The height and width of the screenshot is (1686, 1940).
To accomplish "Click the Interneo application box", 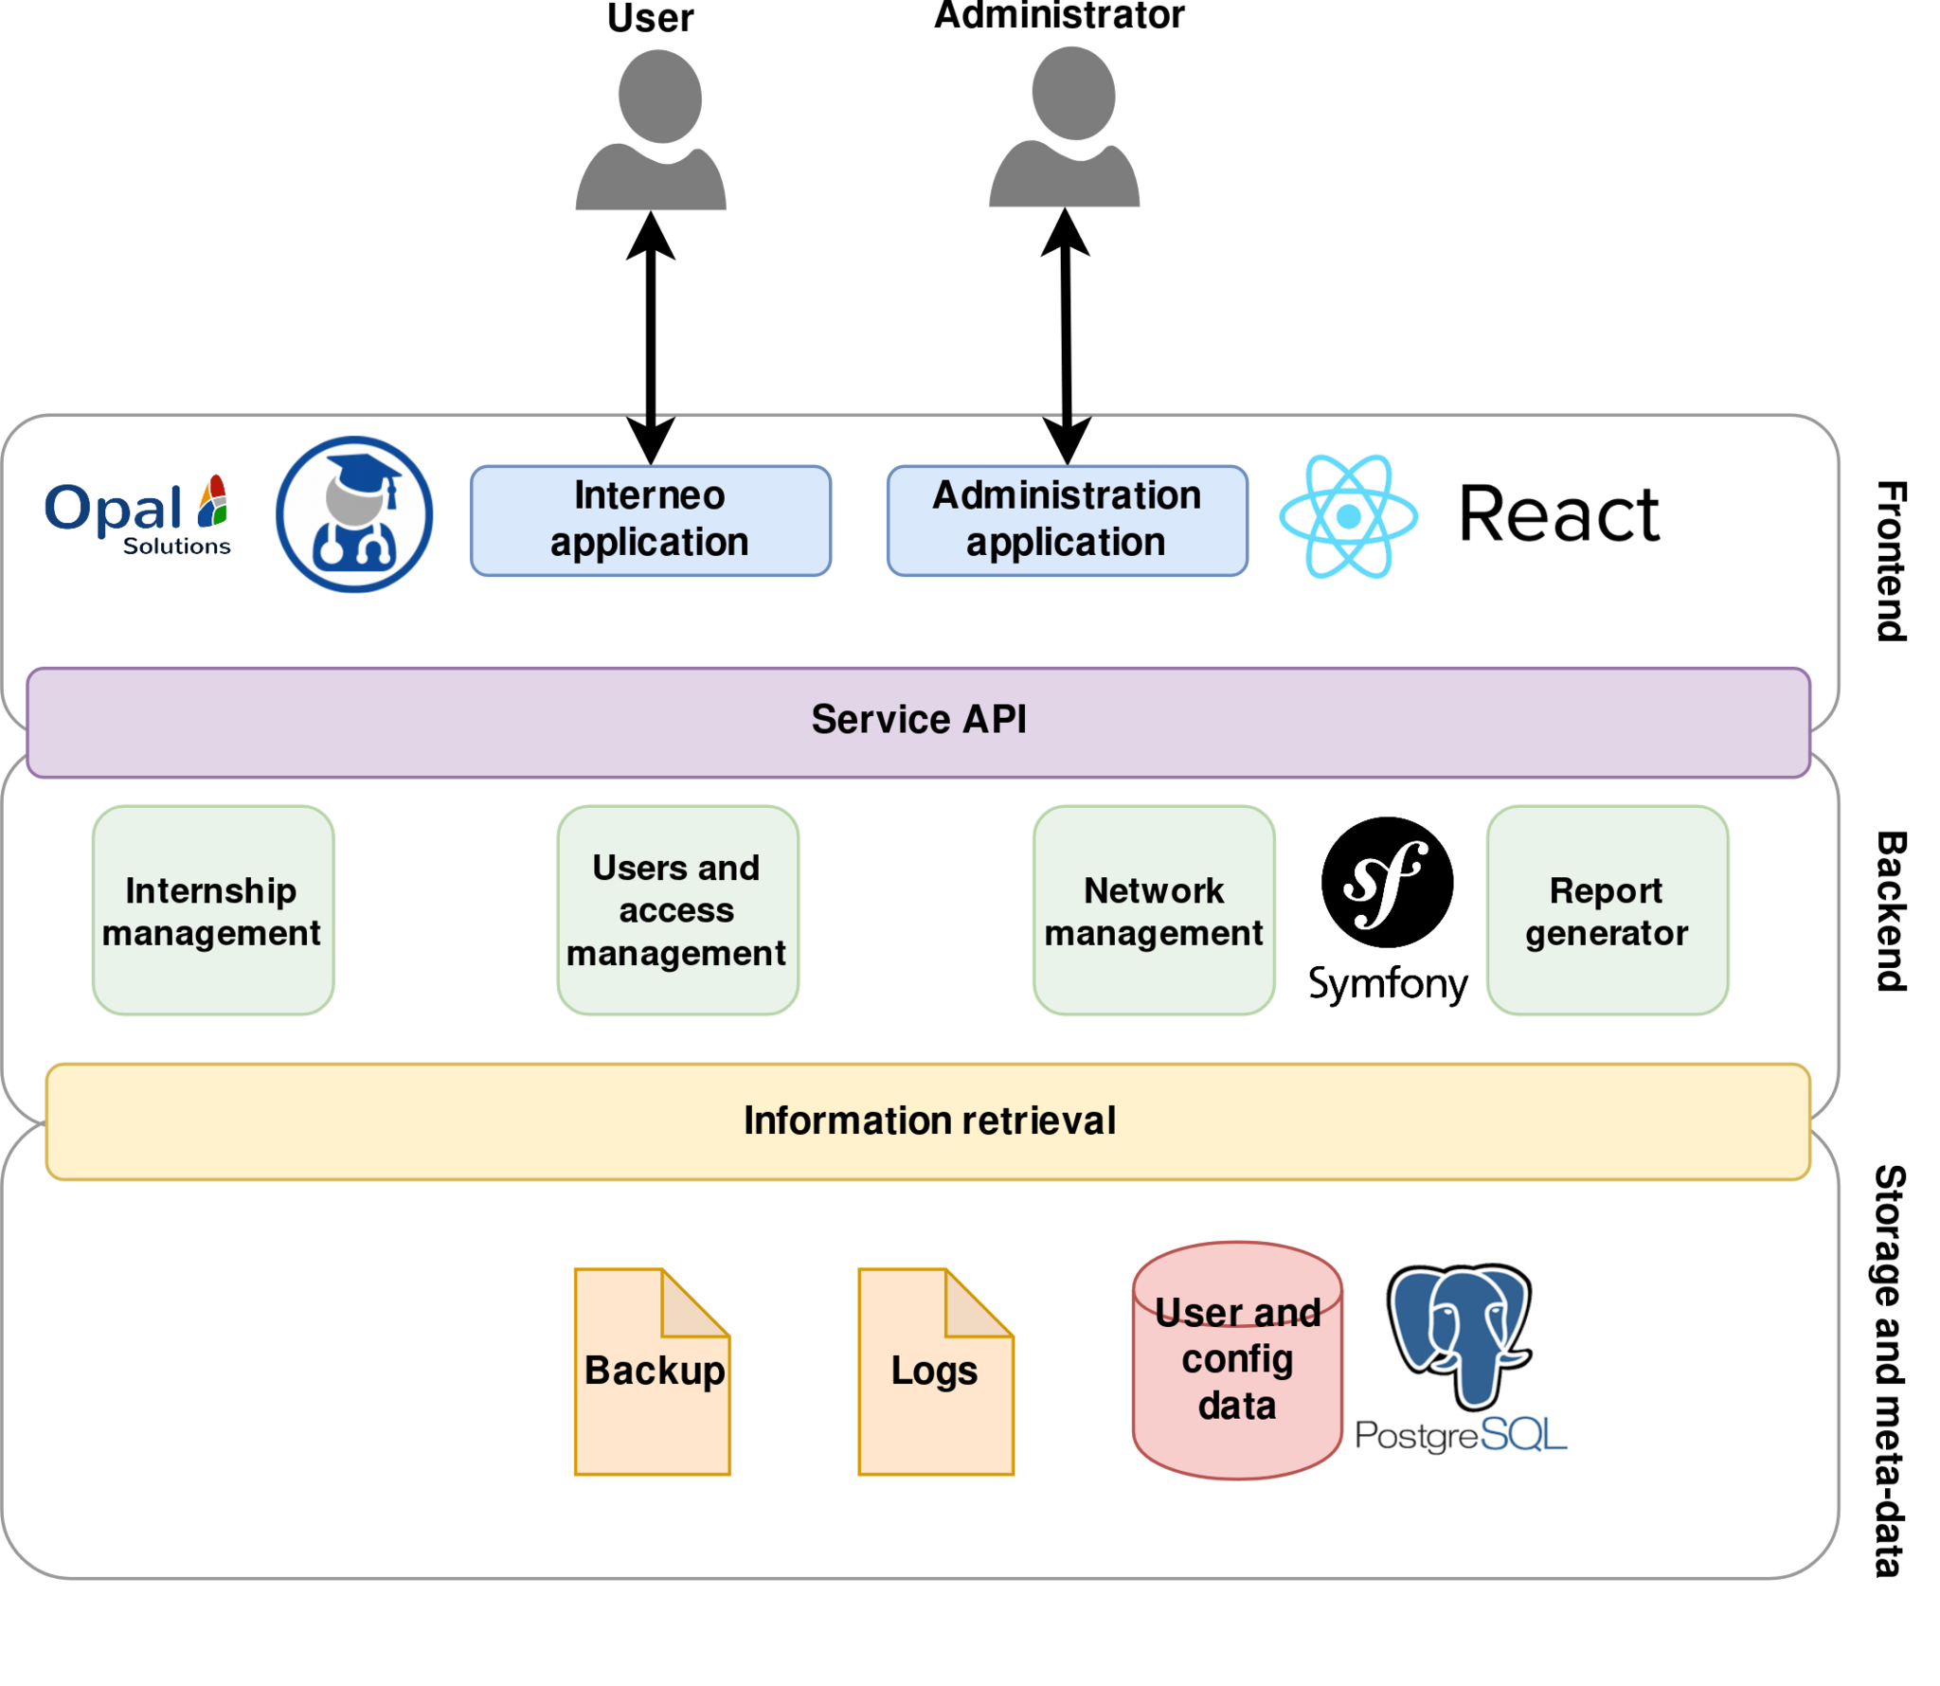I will pos(650,520).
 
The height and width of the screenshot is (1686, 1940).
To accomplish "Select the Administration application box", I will pos(1067,520).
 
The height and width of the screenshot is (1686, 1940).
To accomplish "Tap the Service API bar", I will pos(917,722).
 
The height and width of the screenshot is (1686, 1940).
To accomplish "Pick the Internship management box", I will pos(212,909).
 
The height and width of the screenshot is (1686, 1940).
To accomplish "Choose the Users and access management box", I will pos(677,909).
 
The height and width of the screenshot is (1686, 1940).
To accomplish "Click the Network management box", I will pos(1153,909).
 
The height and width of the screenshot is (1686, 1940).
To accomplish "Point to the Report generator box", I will pos(1607,909).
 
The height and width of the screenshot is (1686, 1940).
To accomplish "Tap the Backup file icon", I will pos(652,1371).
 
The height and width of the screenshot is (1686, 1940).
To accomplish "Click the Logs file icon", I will pos(935,1371).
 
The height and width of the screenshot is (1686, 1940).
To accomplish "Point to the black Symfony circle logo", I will pos(1387,882).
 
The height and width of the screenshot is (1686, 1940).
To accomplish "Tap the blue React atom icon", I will pos(1348,516).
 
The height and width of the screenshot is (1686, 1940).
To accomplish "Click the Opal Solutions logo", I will pos(138,515).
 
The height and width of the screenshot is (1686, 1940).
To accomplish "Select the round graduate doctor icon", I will pos(354,514).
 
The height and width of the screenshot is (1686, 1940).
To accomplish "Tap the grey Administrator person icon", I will pos(1065,127).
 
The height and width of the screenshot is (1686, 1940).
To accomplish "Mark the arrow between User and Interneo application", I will pos(651,337).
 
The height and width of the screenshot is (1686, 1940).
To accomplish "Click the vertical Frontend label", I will pos(1891,561).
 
